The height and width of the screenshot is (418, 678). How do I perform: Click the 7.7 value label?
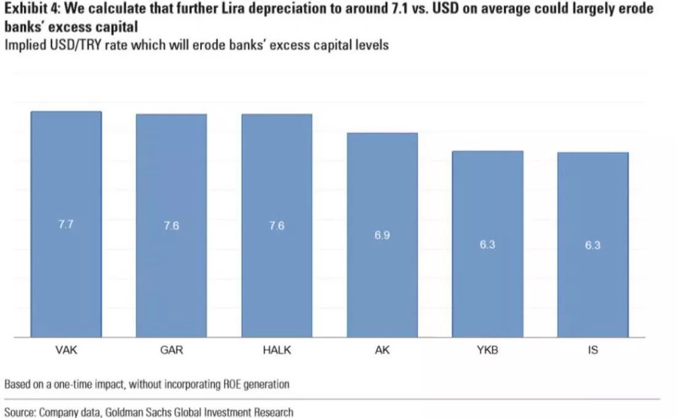(66, 225)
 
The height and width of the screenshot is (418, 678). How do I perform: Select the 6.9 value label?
(382, 235)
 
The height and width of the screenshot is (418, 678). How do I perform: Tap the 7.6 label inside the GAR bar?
(171, 226)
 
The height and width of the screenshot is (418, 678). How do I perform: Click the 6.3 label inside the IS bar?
(593, 246)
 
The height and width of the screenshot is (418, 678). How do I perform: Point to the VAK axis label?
(66, 351)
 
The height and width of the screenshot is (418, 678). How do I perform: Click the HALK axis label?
(277, 351)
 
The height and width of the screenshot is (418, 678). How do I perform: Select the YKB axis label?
(488, 351)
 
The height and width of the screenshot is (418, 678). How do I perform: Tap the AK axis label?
(382, 351)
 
